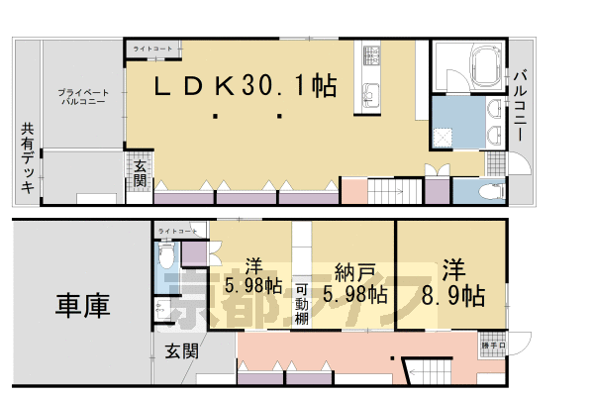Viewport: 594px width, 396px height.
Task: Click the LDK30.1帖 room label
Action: click(x=244, y=87)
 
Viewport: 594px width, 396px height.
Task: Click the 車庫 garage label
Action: click(x=83, y=305)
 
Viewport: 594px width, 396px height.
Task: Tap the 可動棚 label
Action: click(x=303, y=305)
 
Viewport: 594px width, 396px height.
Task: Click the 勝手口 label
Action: click(x=492, y=346)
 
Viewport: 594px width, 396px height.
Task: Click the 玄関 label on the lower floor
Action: click(x=181, y=350)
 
